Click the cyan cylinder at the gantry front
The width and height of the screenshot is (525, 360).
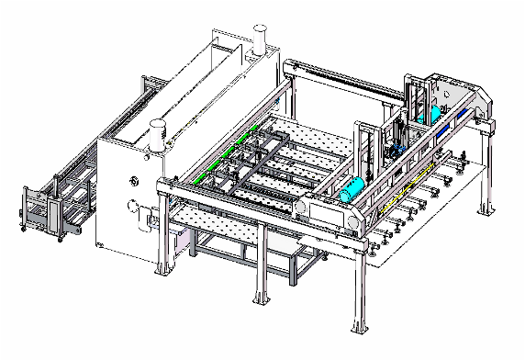tap(352, 191)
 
